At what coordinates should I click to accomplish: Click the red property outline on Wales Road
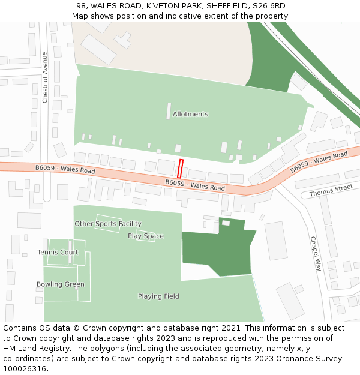coord(180,169)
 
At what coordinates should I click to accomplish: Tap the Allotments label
coord(190,114)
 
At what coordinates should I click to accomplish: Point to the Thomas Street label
coord(331,191)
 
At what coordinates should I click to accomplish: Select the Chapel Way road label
coord(316,253)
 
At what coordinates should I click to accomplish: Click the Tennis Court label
coord(58,252)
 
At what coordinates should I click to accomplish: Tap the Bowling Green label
coord(60,284)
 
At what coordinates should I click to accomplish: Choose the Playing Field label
coord(158,296)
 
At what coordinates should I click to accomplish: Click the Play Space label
coord(146,236)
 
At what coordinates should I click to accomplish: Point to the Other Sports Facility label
coord(108,224)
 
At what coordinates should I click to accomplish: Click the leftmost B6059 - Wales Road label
coord(65,170)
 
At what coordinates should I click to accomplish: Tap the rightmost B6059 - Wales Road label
coord(319,162)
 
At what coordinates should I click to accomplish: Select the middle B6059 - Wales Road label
coord(195,185)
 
